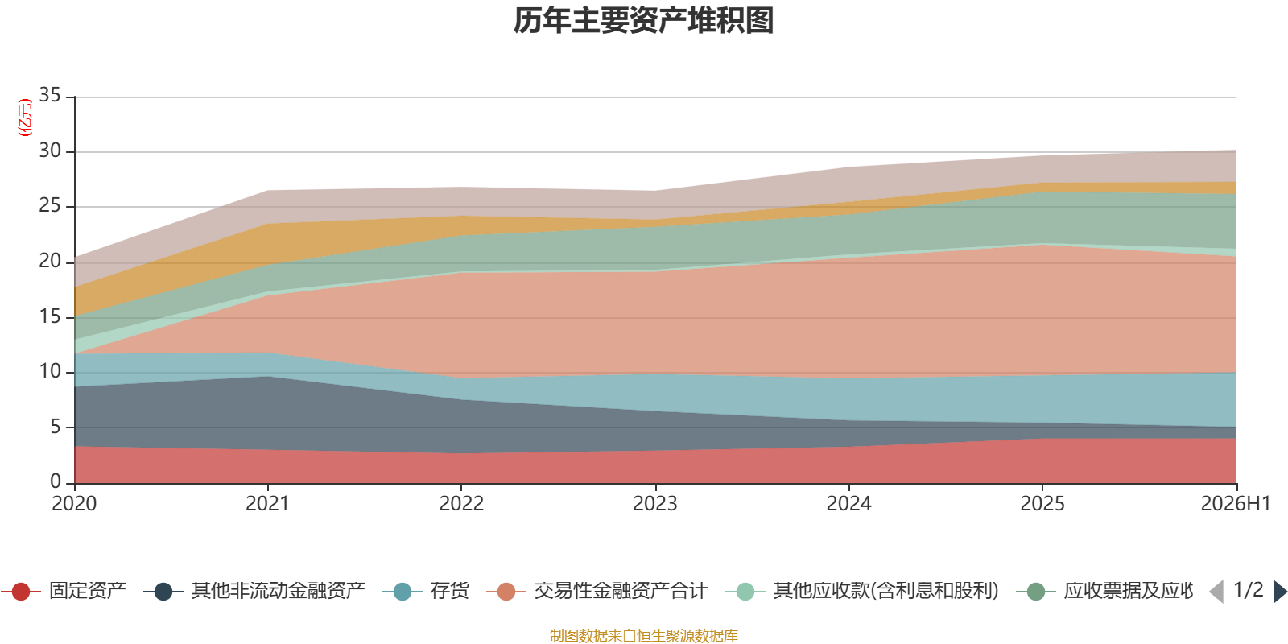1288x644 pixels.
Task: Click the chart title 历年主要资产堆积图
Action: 643,21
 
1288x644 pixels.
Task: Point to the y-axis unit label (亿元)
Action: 25,118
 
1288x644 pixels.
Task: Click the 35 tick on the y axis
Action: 50,95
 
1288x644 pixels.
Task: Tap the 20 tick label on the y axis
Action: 50,261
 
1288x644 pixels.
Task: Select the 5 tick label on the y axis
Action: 56,427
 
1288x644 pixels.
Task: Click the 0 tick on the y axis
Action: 56,481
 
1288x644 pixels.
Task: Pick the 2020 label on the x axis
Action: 74,504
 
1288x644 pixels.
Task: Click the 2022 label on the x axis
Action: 461,504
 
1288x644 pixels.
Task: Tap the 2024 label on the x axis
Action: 848,504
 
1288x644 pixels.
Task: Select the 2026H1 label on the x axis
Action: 1235,504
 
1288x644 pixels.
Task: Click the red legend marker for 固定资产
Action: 21,591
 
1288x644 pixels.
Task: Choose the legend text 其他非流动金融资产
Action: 279,591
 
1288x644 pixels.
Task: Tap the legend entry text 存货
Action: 450,591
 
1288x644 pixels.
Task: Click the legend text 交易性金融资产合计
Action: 621,591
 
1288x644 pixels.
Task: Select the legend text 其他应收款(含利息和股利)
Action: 885,591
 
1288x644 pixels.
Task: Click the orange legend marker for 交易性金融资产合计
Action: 506,591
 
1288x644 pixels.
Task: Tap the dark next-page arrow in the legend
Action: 1280,591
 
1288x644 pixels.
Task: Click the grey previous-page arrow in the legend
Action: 1216,591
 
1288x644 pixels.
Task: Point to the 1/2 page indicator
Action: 1249,590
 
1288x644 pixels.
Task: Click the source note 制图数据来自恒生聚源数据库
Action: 643,635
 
